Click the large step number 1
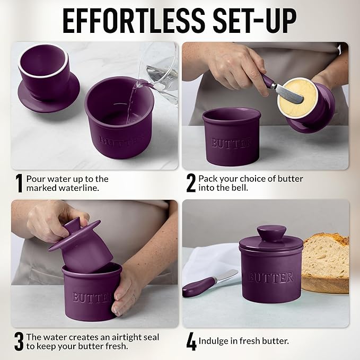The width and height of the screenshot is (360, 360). pos(19,183)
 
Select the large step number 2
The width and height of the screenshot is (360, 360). pos(191,183)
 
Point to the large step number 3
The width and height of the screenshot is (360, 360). pos(19,342)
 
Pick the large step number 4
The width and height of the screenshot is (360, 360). pos(191,342)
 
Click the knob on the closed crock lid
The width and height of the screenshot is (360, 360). pos(271,234)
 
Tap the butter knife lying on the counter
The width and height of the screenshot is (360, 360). pos(210,283)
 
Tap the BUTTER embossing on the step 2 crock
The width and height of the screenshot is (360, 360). pos(232,143)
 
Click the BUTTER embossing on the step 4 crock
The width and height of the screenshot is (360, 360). pos(271,277)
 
